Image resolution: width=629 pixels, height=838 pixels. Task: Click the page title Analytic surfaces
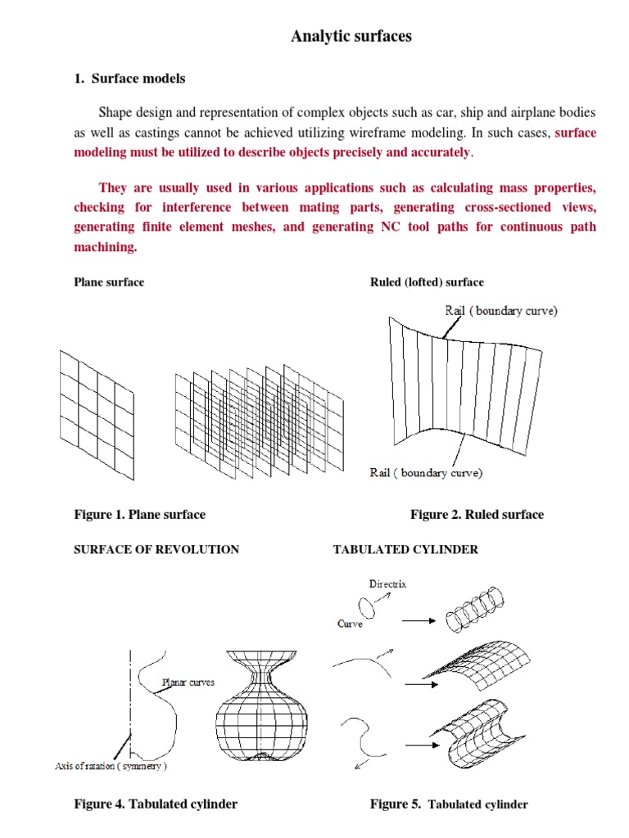(351, 36)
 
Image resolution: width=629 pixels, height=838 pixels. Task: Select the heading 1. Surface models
(129, 79)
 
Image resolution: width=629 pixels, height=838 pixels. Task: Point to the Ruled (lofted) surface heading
(427, 282)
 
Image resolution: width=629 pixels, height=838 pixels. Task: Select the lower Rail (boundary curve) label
(426, 473)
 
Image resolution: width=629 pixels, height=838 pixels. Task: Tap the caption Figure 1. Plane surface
(139, 515)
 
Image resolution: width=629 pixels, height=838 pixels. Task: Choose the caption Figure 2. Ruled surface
(477, 515)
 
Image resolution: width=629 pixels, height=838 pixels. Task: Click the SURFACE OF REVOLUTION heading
(156, 550)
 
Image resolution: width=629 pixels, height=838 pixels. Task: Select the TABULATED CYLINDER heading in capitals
(405, 550)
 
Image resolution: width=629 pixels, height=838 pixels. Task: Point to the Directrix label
(387, 585)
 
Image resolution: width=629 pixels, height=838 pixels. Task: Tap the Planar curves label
(188, 682)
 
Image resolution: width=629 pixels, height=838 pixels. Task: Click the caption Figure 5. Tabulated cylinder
(449, 804)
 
